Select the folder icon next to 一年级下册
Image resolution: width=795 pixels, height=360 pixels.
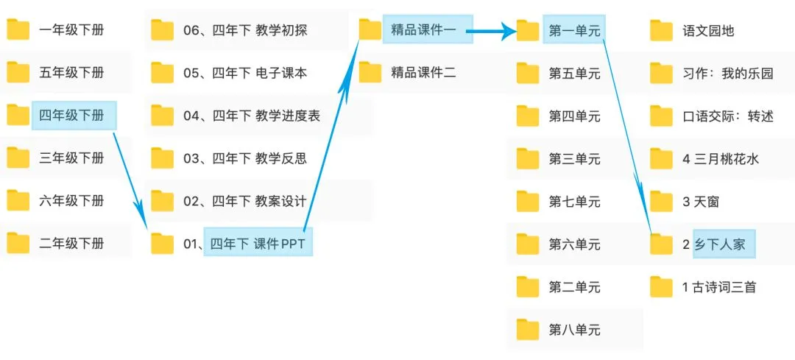(x=18, y=30)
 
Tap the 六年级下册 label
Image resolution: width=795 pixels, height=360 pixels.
(x=71, y=200)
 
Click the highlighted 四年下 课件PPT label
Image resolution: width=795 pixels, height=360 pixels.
(x=258, y=243)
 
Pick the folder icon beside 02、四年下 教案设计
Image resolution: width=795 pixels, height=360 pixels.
(x=162, y=200)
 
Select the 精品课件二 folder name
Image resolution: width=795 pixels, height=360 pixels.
(x=423, y=72)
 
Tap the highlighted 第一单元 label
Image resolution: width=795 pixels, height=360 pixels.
(x=574, y=31)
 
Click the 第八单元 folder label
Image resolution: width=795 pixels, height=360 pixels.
(x=574, y=330)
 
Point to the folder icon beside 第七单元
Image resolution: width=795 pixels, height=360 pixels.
(x=528, y=201)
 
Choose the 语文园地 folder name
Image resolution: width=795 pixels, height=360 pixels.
(x=708, y=31)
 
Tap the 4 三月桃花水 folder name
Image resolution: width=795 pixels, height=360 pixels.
(x=720, y=158)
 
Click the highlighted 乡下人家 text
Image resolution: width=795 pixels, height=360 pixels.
(x=719, y=244)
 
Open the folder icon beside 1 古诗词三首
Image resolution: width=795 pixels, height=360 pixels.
(x=662, y=286)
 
